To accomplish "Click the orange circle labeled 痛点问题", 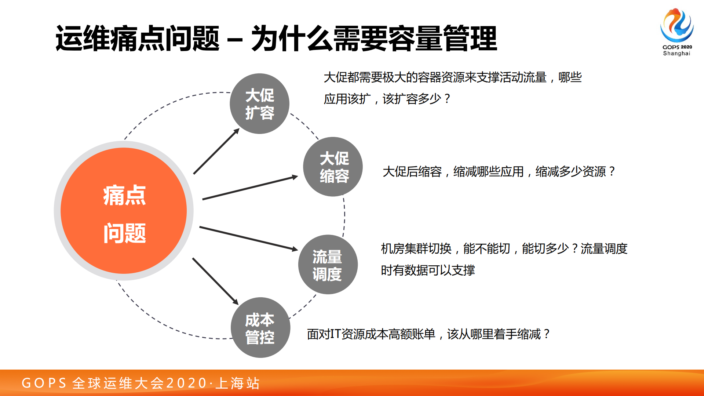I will click(x=124, y=211).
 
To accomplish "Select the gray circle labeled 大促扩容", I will click(x=259, y=104).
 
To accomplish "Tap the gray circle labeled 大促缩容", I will click(x=333, y=167).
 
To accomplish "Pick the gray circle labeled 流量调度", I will click(x=328, y=265).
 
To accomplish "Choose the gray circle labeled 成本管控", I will click(x=260, y=328).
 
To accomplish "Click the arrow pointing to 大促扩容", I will click(x=216, y=151).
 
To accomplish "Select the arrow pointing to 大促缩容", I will click(x=249, y=188).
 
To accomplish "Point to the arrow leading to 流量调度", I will click(x=248, y=239).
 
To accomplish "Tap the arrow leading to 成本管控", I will click(x=215, y=281).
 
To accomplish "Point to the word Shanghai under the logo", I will click(x=676, y=54).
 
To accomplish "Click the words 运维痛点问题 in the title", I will click(x=137, y=39).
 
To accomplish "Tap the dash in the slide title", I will click(x=235, y=40).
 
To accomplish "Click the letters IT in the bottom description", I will click(x=335, y=334).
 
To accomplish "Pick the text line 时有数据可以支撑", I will click(x=428, y=270).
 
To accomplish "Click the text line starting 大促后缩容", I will click(x=498, y=171).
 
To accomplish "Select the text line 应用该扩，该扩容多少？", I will click(x=387, y=99).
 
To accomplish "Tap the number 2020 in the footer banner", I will click(x=186, y=383).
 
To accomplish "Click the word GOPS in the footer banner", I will click(x=44, y=383).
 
